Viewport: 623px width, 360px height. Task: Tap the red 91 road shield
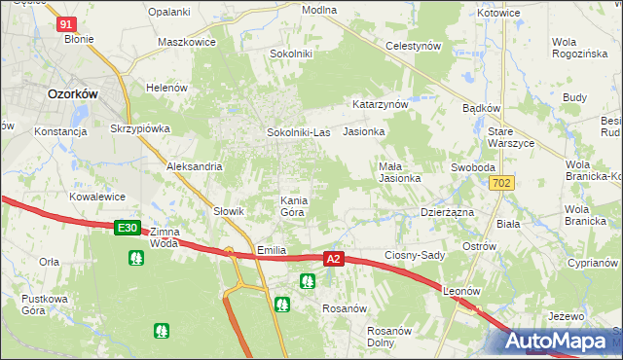[x=66, y=23]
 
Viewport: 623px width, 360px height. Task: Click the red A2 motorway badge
[x=334, y=259]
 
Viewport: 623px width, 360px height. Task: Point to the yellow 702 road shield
[x=502, y=183]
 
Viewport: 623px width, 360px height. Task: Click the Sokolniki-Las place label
[x=300, y=131]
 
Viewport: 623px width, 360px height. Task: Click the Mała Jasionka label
[x=399, y=172]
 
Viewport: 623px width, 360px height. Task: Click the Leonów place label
[x=462, y=291]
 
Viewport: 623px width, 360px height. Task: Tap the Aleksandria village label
[x=195, y=166]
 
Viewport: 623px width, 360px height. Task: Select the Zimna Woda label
[x=164, y=238]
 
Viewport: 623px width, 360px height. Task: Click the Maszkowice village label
[x=186, y=44]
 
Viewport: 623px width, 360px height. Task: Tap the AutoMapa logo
[x=560, y=342]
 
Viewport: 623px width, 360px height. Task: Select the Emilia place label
[x=271, y=250]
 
